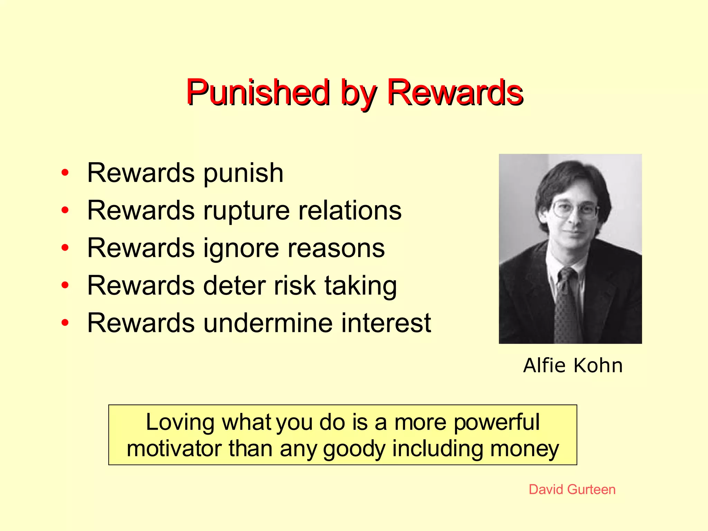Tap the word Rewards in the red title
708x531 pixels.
tap(455, 92)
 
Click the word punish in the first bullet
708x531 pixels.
tap(243, 173)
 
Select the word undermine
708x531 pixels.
tap(268, 323)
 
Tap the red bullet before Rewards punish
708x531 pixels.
tap(65, 173)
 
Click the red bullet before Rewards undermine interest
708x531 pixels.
tap(65, 323)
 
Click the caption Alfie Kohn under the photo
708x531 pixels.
tap(572, 365)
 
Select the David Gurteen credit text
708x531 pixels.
tap(572, 490)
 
